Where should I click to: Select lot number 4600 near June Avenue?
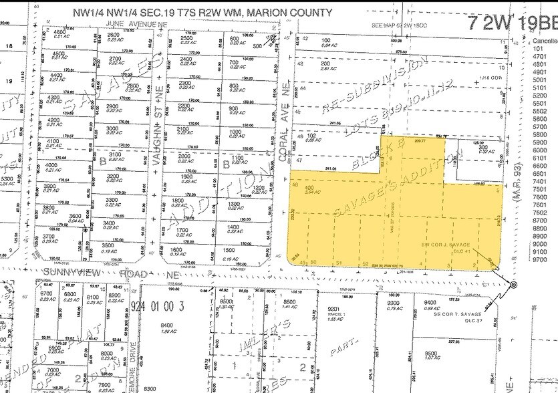point(59,33)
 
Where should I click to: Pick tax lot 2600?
point(113,35)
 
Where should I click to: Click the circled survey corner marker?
point(513,285)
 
